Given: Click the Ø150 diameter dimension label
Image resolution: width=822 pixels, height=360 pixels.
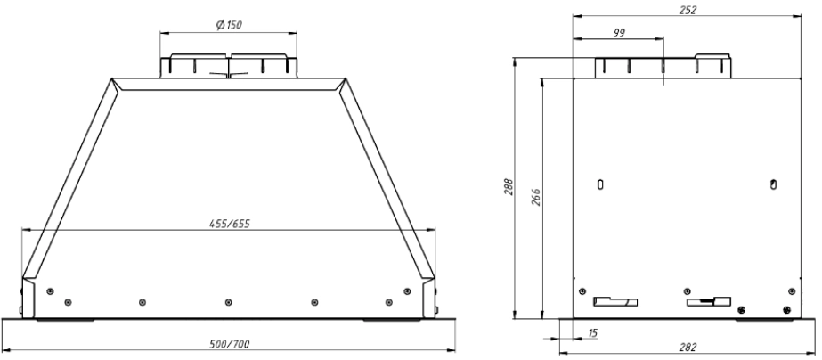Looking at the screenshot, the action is point(229,25).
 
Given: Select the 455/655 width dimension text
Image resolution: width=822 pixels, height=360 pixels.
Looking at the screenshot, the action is point(230,224).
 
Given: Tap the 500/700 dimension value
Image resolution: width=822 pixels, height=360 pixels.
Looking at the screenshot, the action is point(229,344).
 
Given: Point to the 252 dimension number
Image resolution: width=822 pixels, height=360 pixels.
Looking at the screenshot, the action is point(688,10).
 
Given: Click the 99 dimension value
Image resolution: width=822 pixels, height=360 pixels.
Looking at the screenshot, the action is point(619,33).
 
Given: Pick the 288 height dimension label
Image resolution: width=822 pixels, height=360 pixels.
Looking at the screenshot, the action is point(508,187).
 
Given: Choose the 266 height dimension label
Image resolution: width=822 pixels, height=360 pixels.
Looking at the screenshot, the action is point(535,196).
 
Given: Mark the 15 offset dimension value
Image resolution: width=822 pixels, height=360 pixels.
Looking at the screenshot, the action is point(592,332).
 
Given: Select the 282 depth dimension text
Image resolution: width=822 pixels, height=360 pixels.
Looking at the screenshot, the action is point(688,347).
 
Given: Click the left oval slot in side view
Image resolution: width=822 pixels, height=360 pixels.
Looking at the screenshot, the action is point(601,184).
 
